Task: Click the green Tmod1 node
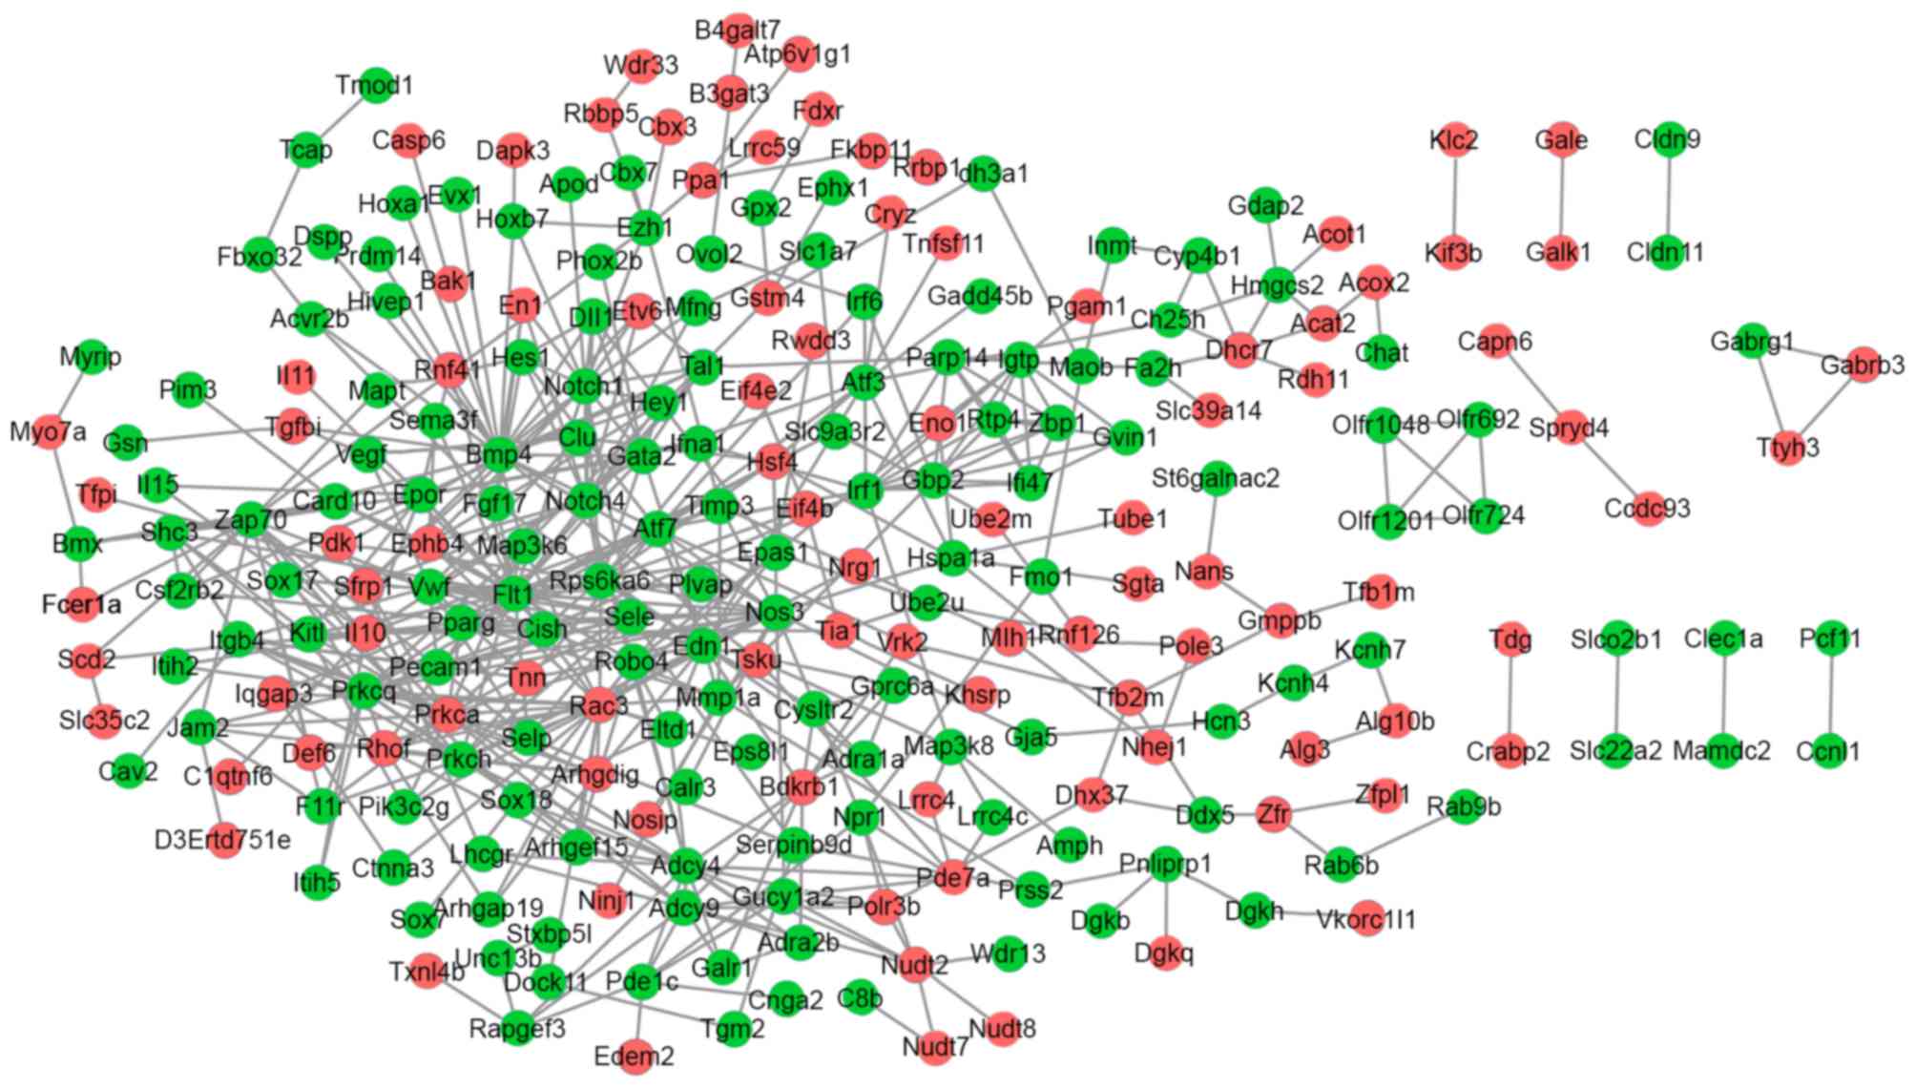(x=377, y=85)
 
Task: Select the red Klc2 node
(x=1454, y=141)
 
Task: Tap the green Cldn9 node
(x=1667, y=140)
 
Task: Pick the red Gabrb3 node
(x=1862, y=366)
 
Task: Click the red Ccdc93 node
(x=1648, y=508)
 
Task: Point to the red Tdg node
(x=1510, y=638)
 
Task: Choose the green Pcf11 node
(x=1830, y=638)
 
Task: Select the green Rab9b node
(x=1464, y=807)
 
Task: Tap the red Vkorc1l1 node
(x=1366, y=919)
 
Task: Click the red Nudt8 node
(x=1002, y=1029)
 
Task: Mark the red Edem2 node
(x=635, y=1057)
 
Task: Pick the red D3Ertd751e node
(x=223, y=840)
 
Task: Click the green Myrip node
(x=92, y=357)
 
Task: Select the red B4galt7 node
(x=738, y=31)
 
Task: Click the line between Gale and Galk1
(x=1561, y=196)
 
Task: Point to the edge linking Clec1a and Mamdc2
(x=1723, y=695)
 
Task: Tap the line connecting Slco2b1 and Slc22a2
(x=1616, y=695)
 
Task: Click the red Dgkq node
(x=1164, y=952)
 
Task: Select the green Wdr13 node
(x=1009, y=953)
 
